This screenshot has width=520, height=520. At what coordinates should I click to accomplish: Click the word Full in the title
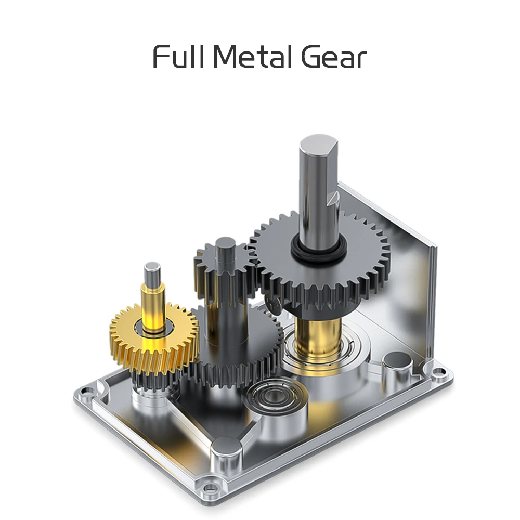[x=178, y=57]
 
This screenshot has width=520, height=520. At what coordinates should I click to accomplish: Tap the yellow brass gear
[x=154, y=339]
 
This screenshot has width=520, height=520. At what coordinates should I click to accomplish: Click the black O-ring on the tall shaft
[x=318, y=251]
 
